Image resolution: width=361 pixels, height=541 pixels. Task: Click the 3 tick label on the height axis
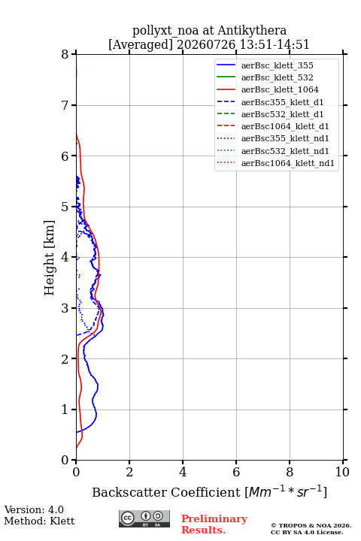pyautogui.click(x=65, y=308)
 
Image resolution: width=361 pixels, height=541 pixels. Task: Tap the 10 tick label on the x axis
pyautogui.click(x=342, y=472)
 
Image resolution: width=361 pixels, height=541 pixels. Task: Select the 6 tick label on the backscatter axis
pyautogui.click(x=236, y=472)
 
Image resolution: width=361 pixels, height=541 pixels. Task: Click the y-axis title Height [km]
pyautogui.click(x=50, y=258)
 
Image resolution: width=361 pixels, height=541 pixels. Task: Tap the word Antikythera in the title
pyautogui.click(x=252, y=30)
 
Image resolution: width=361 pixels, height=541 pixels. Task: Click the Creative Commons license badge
pyautogui.click(x=144, y=518)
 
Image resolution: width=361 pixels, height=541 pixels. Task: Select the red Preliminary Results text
pyautogui.click(x=214, y=524)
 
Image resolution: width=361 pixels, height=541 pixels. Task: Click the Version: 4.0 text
pyautogui.click(x=34, y=509)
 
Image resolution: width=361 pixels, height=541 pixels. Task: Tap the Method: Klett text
pyautogui.click(x=39, y=521)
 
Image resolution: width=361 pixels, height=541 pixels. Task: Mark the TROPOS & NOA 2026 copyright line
pyautogui.click(x=311, y=525)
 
